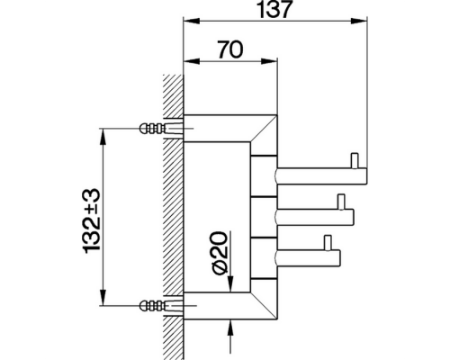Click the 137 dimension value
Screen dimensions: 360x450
pos(275,11)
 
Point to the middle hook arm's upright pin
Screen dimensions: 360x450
pos(340,202)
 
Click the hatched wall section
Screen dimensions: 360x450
pos(172,216)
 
